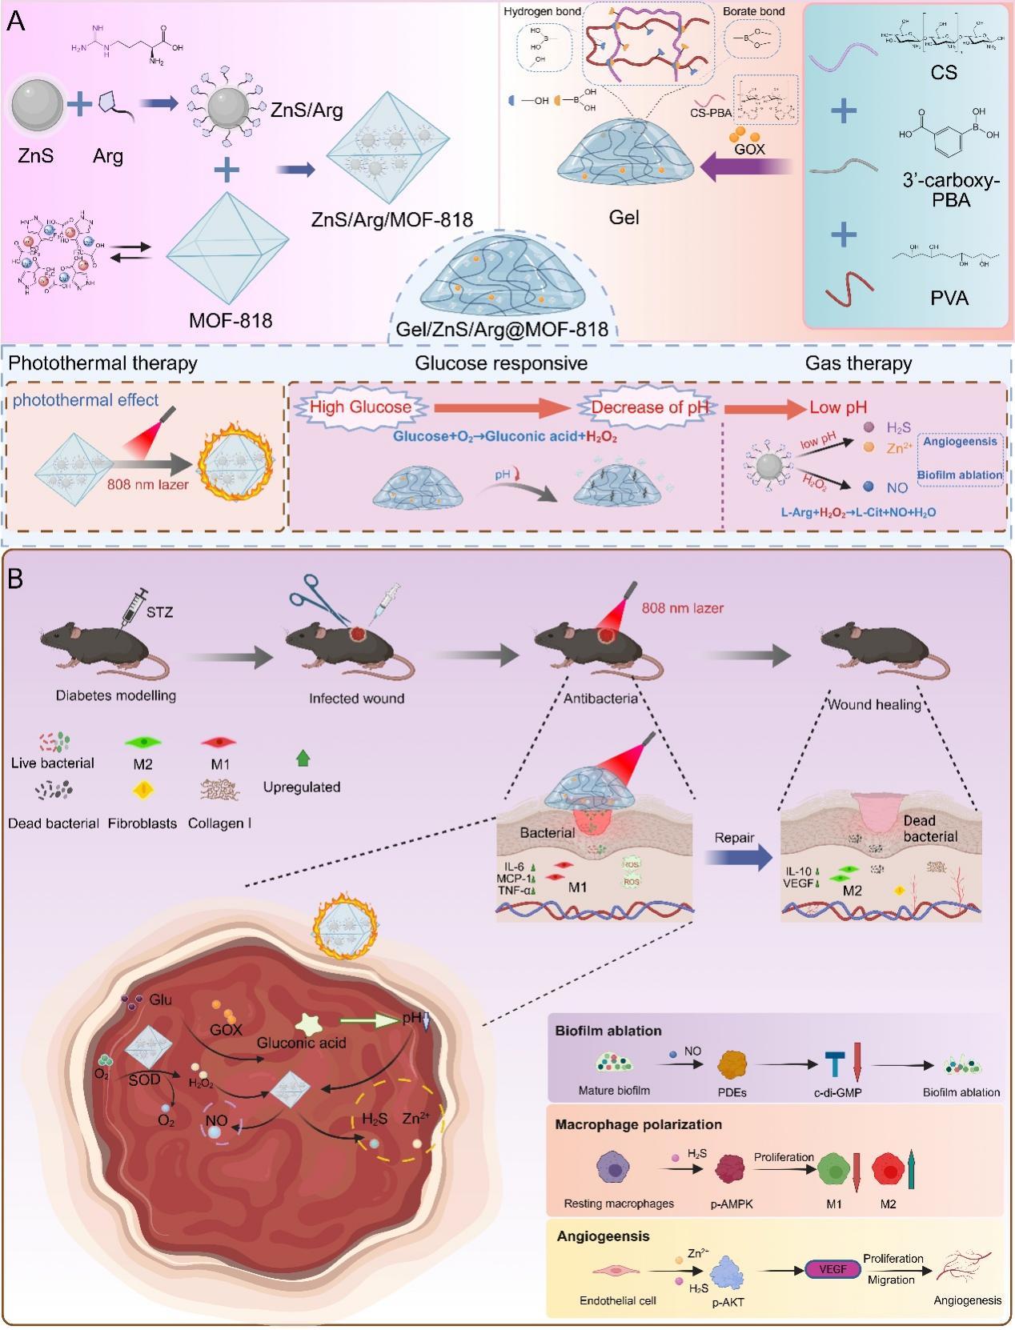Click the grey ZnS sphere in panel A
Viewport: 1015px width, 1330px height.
tap(37, 106)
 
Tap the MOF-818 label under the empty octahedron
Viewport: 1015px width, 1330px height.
tap(231, 321)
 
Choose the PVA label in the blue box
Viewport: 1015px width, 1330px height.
tap(949, 298)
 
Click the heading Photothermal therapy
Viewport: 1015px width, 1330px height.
tap(102, 363)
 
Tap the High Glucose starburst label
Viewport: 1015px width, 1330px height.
tap(360, 407)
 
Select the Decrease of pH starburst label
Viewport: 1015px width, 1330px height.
tap(650, 407)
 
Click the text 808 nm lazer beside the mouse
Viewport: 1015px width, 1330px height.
tap(682, 608)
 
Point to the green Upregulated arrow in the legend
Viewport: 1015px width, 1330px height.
tap(303, 758)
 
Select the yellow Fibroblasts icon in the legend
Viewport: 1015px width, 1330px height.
tap(142, 791)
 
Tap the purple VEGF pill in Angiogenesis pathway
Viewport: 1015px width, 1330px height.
tap(832, 1269)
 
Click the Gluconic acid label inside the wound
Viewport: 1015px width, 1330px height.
tap(301, 1043)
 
